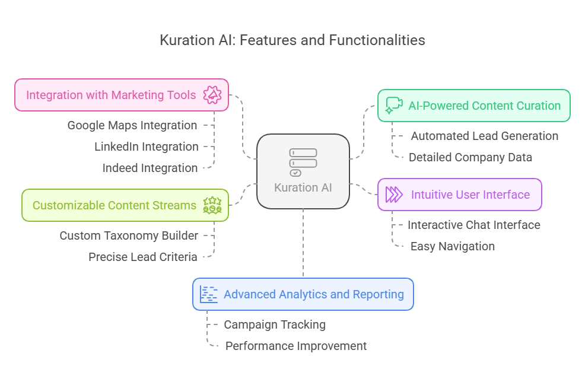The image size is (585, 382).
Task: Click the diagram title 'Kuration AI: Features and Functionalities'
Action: pyautogui.click(x=292, y=40)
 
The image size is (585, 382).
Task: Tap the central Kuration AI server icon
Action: pyautogui.click(x=303, y=162)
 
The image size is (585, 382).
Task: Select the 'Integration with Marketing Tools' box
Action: pyautogui.click(x=111, y=95)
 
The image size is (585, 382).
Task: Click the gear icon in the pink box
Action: pyautogui.click(x=212, y=95)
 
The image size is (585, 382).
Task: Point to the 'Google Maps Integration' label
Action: pyautogui.click(x=132, y=125)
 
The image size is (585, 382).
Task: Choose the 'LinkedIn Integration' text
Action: pyautogui.click(x=146, y=147)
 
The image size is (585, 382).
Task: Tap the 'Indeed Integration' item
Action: pyautogui.click(x=150, y=168)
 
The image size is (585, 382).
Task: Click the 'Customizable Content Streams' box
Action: pyautogui.click(x=115, y=205)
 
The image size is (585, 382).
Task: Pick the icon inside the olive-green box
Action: pyautogui.click(x=212, y=205)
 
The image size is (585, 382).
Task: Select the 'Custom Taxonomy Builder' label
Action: pyautogui.click(x=129, y=235)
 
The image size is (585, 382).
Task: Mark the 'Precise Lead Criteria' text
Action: pyautogui.click(x=143, y=257)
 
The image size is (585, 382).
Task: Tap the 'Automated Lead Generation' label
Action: pyautogui.click(x=484, y=136)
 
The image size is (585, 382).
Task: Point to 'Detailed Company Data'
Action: pyautogui.click(x=470, y=157)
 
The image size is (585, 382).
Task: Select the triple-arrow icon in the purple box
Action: pyautogui.click(x=394, y=195)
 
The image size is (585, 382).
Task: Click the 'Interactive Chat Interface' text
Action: pyautogui.click(x=473, y=225)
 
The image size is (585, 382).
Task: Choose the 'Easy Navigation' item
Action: pyautogui.click(x=452, y=246)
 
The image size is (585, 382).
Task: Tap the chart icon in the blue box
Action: pyautogui.click(x=209, y=294)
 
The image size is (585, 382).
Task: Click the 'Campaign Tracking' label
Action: pyautogui.click(x=274, y=324)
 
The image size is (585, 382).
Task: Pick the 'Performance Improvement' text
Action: pyautogui.click(x=295, y=346)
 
